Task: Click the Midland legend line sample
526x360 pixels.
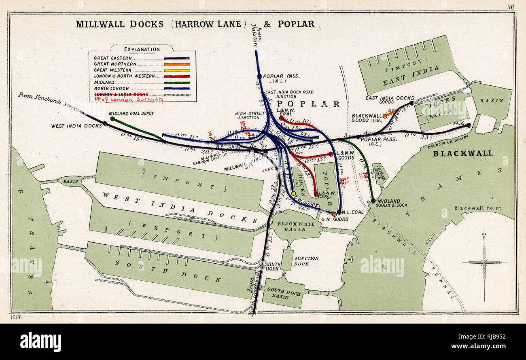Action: (177, 83)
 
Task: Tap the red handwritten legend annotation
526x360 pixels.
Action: (129, 99)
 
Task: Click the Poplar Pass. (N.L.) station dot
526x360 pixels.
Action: (259, 76)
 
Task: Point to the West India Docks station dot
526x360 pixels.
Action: (105, 123)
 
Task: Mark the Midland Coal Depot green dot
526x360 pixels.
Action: (112, 119)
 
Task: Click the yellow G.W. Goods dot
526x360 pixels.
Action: (293, 193)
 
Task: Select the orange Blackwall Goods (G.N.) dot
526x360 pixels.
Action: (385, 116)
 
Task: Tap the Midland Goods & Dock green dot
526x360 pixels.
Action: (373, 201)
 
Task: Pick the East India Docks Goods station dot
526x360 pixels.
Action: (411, 103)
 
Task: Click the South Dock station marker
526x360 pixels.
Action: (262, 266)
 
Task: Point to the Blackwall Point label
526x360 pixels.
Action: (477, 208)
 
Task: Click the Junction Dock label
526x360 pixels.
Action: (306, 261)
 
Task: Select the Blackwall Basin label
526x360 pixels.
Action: (296, 226)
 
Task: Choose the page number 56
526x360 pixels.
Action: (511, 6)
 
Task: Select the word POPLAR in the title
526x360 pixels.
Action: (296, 24)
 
